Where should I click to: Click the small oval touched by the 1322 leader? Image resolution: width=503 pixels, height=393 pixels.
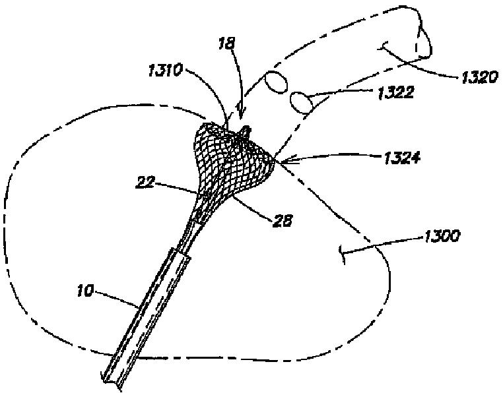301,103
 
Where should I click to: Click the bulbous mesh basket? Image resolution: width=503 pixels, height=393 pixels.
231,158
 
